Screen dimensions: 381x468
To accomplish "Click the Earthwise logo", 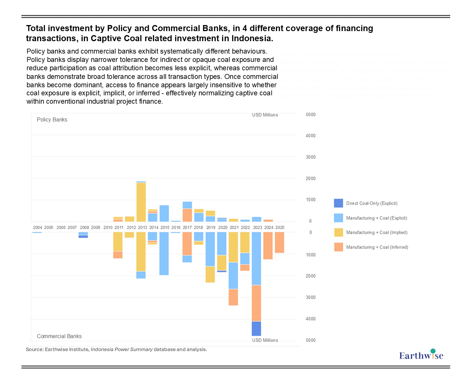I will [x=421, y=355].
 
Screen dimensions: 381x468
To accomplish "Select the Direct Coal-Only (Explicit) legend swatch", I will [x=338, y=203].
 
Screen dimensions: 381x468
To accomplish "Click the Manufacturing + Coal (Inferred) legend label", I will [x=377, y=247].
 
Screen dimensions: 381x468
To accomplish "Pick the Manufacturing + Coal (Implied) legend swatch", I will [x=338, y=232].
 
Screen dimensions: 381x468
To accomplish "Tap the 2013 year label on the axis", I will [x=142, y=228].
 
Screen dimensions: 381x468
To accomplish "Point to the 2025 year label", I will [x=280, y=228].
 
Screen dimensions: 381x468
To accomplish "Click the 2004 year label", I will [x=37, y=228].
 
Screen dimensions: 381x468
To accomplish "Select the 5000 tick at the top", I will [x=310, y=115].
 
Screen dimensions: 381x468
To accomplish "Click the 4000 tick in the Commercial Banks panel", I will [x=310, y=319].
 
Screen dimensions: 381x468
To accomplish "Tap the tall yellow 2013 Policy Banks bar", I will [x=141, y=202].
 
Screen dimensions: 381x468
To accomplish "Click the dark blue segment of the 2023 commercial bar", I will [x=256, y=329].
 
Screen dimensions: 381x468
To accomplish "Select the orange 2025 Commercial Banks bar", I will [x=279, y=242].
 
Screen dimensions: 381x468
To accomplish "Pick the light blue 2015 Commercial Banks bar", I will [x=164, y=253].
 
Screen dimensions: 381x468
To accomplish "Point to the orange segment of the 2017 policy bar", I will [x=187, y=215].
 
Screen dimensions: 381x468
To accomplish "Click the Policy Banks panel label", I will [x=52, y=120].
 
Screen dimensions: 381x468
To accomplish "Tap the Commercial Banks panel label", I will [x=59, y=336].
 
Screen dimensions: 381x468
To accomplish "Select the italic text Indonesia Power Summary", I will [x=122, y=350].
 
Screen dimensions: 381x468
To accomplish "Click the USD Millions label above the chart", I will [x=265, y=115].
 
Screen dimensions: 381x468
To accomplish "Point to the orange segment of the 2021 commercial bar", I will [x=233, y=297].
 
